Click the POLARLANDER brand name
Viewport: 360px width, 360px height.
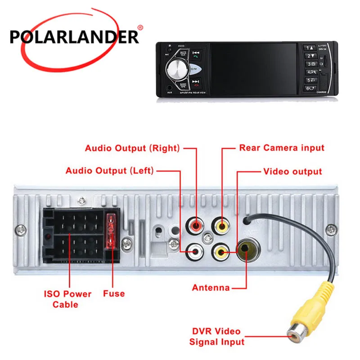pos(74,36)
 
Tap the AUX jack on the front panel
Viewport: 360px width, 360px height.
pos(170,87)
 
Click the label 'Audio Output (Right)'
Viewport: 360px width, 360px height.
pos(132,148)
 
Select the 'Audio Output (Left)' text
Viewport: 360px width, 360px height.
pos(110,171)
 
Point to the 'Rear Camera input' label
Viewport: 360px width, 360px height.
pos(282,148)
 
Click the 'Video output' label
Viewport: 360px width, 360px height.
pos(292,171)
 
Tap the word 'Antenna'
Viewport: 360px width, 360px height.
pos(211,288)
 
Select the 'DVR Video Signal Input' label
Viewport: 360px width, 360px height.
pos(216,337)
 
